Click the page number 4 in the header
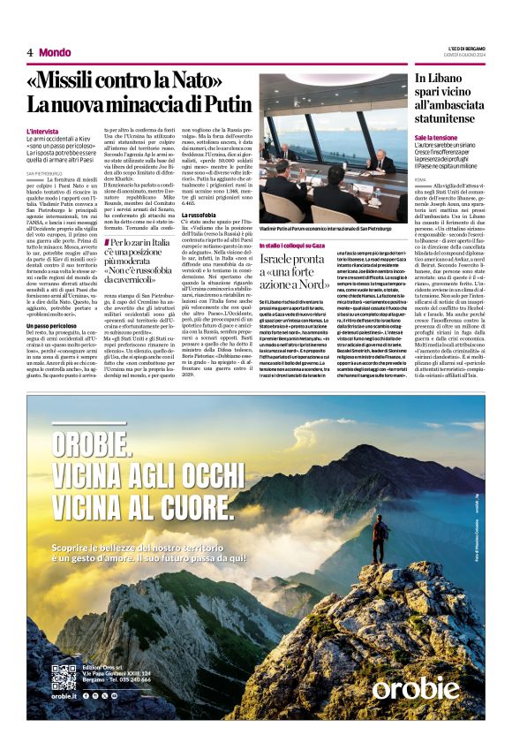[x=30, y=53]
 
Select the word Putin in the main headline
[x=224, y=103]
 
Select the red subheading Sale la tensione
[x=437, y=139]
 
